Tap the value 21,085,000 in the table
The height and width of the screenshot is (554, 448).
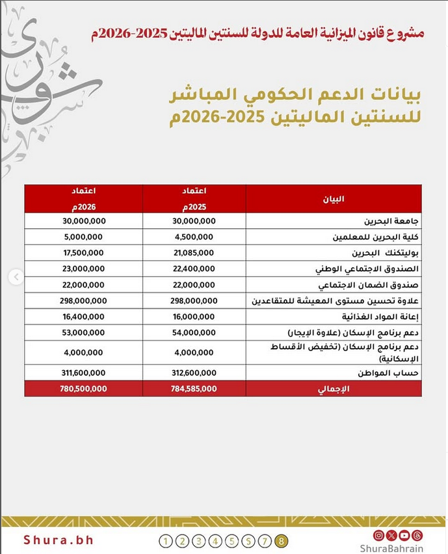194,253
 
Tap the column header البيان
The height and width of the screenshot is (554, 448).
334,198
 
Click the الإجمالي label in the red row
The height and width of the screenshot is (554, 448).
336,389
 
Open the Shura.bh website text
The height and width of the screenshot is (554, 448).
59,540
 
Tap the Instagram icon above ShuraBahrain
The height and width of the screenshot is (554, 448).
379,535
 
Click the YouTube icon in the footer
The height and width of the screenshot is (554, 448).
404,535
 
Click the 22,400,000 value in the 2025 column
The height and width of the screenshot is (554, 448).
194,269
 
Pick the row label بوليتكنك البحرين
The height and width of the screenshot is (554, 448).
378,253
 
